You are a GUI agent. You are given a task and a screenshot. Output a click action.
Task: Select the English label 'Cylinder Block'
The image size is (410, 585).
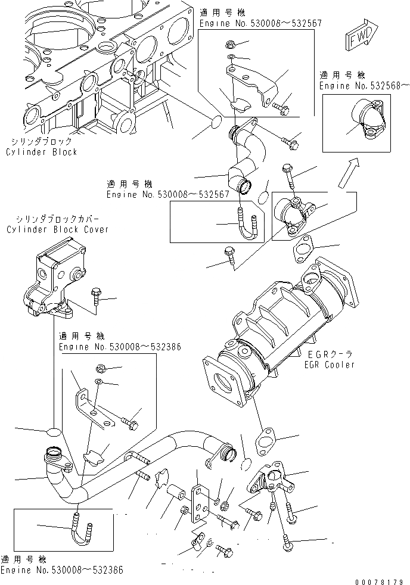(42, 153)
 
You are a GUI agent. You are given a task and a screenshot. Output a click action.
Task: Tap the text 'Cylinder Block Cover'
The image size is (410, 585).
(58, 229)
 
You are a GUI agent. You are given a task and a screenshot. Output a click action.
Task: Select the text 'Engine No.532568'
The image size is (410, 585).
(364, 86)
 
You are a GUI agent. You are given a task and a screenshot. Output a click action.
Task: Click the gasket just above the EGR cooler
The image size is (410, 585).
(304, 250)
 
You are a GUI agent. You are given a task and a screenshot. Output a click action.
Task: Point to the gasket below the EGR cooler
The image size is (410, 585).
(265, 439)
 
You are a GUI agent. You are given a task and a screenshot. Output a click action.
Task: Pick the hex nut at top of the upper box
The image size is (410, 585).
(230, 44)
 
